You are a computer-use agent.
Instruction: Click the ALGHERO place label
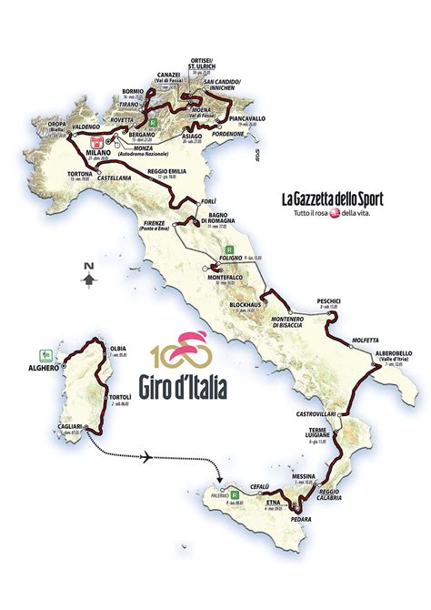(x=43, y=367)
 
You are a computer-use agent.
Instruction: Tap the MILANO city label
(x=96, y=152)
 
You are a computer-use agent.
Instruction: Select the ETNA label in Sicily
(x=272, y=501)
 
